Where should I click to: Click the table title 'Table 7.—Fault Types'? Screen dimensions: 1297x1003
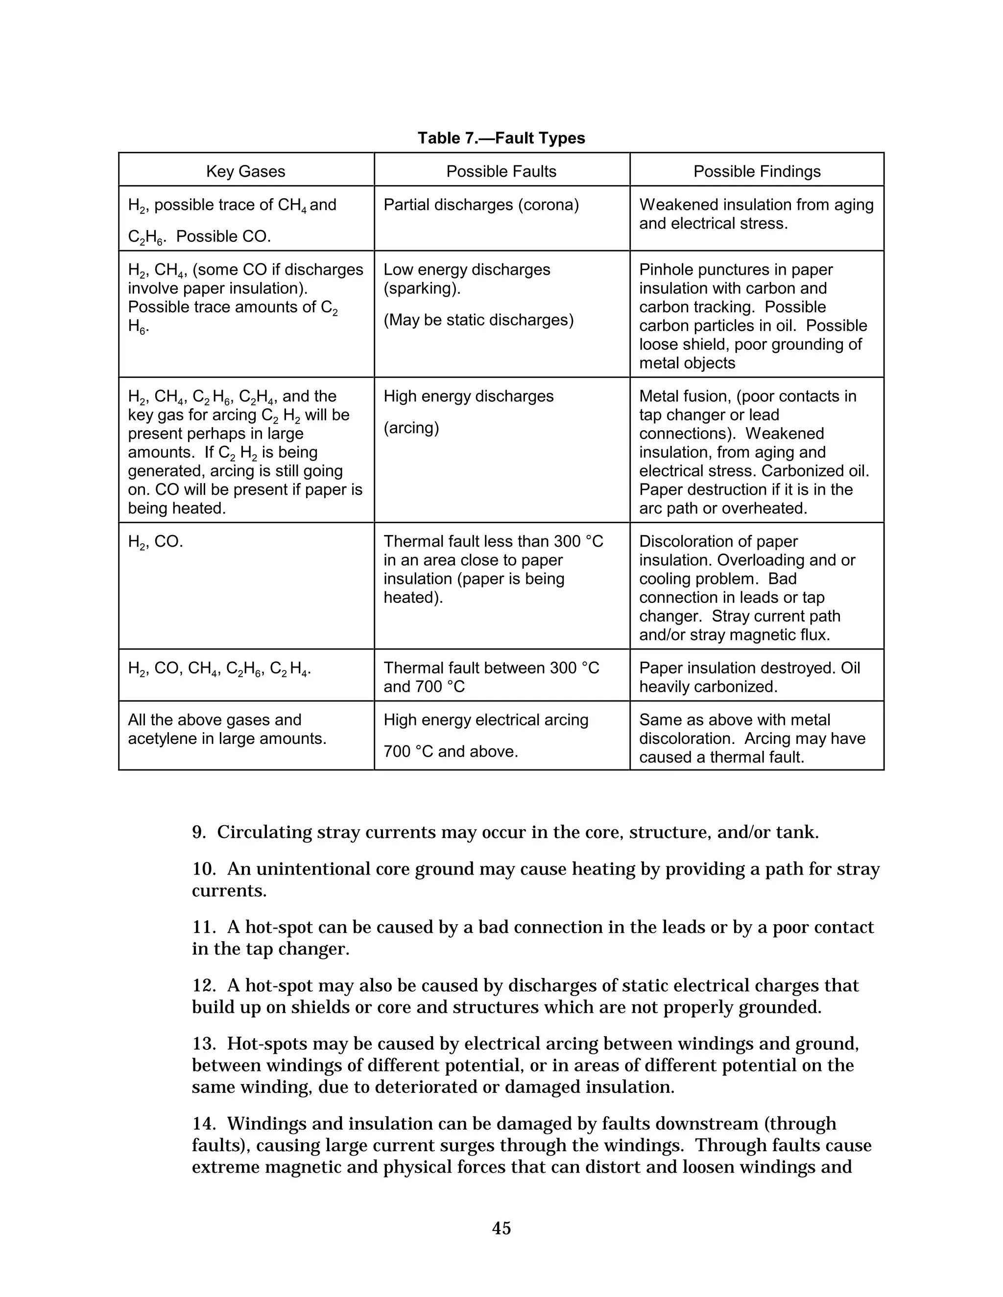pyautogui.click(x=501, y=139)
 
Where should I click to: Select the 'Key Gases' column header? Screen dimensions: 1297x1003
pyautogui.click(x=245, y=172)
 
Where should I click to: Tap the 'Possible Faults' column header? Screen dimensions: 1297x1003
pyautogui.click(x=501, y=172)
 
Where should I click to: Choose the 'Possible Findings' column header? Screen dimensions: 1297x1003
pyautogui.click(x=756, y=172)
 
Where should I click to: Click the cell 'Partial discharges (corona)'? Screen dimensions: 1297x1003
pyautogui.click(x=481, y=205)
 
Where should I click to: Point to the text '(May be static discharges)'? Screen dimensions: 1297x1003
pyautogui.click(x=478, y=320)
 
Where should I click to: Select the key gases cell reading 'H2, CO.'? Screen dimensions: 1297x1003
pyautogui.click(x=155, y=542)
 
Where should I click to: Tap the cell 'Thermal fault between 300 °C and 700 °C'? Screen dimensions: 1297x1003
pyautogui.click(x=491, y=677)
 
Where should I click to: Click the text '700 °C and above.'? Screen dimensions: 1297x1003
pyautogui.click(x=451, y=752)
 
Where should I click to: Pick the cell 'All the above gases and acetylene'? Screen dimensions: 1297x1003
pyautogui.click(x=227, y=729)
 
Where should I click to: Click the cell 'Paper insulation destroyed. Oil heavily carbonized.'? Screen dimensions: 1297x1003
pyautogui.click(x=749, y=677)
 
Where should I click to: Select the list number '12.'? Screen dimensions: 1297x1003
pyautogui.click(x=204, y=986)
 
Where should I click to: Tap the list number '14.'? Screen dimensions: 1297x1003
pyautogui.click(x=204, y=1124)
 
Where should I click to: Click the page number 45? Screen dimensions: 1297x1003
pyautogui.click(x=501, y=1228)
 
